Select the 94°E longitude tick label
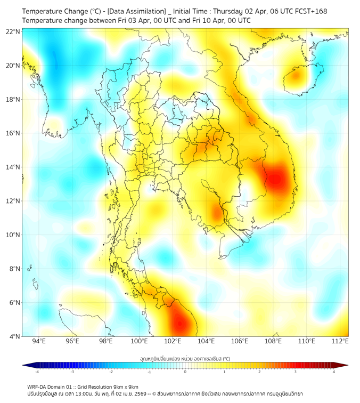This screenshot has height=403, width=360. tap(38, 341)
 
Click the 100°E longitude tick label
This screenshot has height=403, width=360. tap(139, 341)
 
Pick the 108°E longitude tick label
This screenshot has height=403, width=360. tap(273, 341)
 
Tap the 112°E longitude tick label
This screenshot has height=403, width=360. tap(340, 341)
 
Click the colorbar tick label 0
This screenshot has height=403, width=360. tap(185, 372)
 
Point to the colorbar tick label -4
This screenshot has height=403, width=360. tap(36, 372)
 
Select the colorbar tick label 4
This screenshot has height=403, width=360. tap(334, 372)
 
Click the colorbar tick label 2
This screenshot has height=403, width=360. tap(260, 372)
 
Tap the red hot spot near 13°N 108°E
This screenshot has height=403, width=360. tap(276, 178)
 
